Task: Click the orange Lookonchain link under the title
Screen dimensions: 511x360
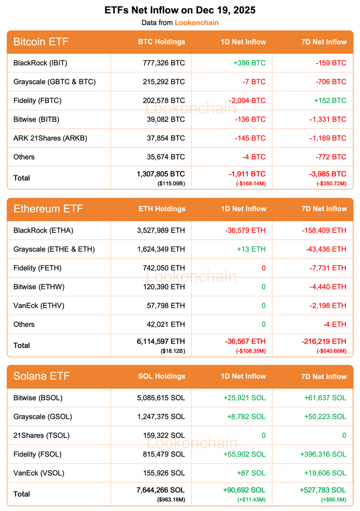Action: click(x=196, y=23)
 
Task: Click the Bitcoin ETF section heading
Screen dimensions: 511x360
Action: click(x=41, y=42)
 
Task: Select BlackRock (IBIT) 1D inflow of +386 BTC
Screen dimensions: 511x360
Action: click(x=249, y=63)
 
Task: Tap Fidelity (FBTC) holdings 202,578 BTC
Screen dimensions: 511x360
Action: click(x=164, y=100)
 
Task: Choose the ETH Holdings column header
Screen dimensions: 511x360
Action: click(x=162, y=209)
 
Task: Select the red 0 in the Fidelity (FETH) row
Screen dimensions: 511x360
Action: click(x=263, y=268)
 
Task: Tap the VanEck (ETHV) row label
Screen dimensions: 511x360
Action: click(x=39, y=305)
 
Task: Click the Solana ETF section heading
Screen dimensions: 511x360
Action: click(x=41, y=376)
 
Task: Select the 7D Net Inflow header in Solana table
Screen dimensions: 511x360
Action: click(x=323, y=376)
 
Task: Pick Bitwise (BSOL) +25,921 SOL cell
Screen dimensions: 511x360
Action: click(x=244, y=398)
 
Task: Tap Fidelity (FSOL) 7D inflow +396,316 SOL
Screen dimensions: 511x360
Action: click(x=325, y=454)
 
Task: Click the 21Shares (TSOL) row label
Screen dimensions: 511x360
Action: click(x=41, y=435)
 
